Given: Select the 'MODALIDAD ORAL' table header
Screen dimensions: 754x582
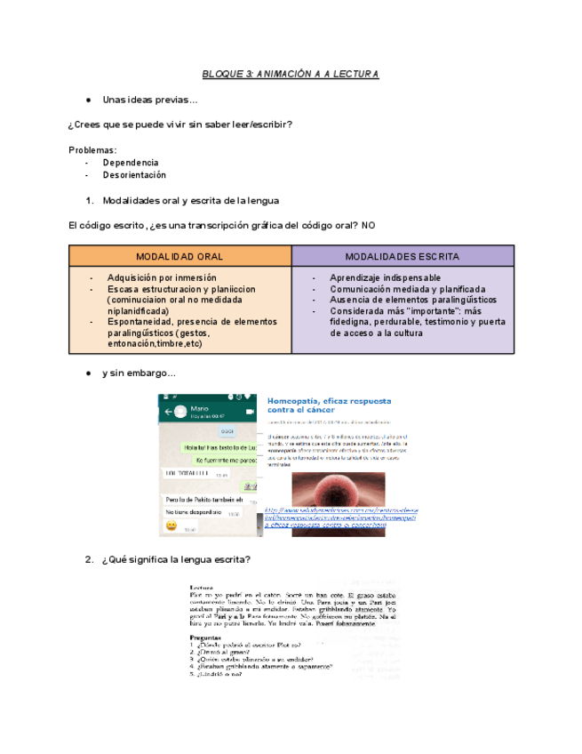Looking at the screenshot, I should [179, 256].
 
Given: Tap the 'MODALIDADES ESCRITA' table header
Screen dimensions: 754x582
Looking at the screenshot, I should [402, 256].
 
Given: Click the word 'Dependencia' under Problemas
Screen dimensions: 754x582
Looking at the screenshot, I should [131, 163].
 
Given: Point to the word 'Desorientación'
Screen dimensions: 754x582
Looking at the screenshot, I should [134, 175].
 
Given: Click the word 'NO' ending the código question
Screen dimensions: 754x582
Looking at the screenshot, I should [369, 225].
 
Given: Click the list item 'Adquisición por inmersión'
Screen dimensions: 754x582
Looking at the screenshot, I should [162, 277].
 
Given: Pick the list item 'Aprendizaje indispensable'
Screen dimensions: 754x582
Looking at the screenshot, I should [385, 277].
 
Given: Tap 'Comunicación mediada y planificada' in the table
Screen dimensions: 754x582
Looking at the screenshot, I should [407, 289].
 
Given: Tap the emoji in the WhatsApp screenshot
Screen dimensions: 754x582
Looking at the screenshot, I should [171, 526].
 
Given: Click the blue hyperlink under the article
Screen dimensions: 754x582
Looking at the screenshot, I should [340, 518].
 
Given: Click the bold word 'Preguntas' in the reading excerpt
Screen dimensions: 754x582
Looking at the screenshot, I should [205, 638].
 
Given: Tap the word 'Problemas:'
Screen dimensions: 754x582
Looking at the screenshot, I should [92, 149].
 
